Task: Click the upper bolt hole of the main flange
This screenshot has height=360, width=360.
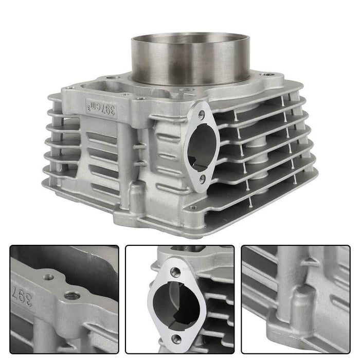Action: tap(201, 115)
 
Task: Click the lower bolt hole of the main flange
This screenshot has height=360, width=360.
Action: tap(202, 178)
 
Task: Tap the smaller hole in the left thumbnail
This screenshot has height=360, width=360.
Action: tap(49, 277)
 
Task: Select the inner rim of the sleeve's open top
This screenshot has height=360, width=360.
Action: tap(190, 39)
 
